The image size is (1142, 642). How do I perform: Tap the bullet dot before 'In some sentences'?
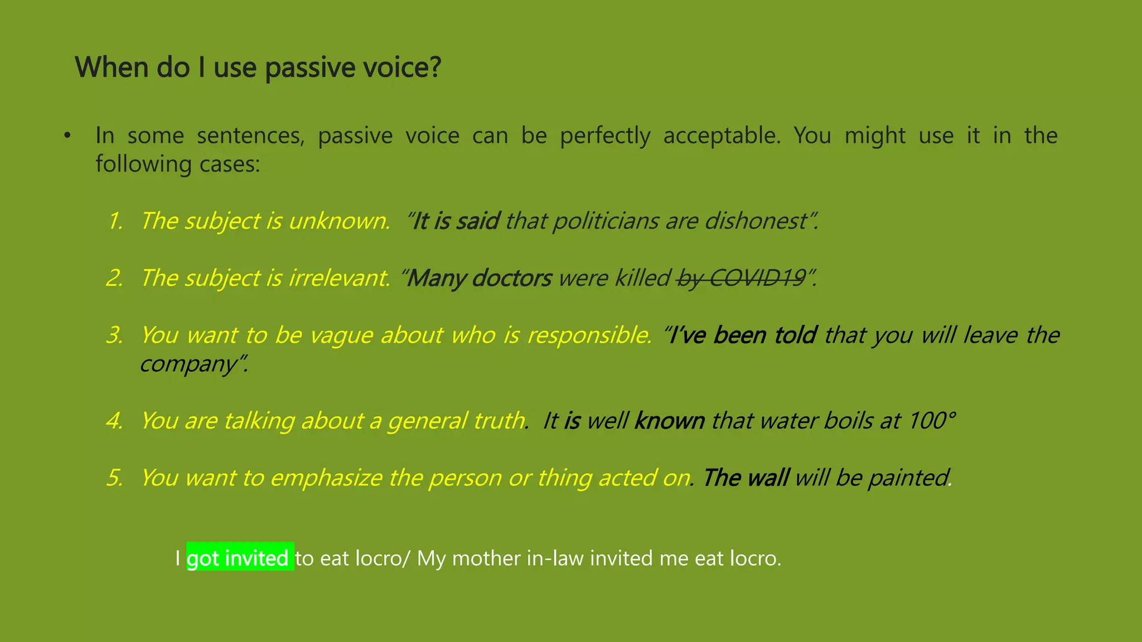click(x=67, y=135)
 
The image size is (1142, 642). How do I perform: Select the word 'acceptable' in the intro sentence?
click(x=721, y=135)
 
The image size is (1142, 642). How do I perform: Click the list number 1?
click(x=115, y=221)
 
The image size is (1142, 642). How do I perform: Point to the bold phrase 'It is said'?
click(x=455, y=221)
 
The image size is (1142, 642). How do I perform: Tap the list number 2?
click(x=115, y=278)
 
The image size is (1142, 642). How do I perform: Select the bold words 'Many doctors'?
click(x=479, y=278)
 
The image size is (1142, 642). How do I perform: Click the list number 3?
click(x=115, y=335)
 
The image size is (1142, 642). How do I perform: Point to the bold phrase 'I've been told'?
click(x=742, y=335)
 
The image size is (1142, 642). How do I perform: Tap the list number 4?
click(x=115, y=420)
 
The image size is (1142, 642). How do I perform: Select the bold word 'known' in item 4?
click(x=669, y=420)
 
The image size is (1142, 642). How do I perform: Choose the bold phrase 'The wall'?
click(x=745, y=478)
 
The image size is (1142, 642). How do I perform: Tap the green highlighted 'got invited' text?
click(x=239, y=557)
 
